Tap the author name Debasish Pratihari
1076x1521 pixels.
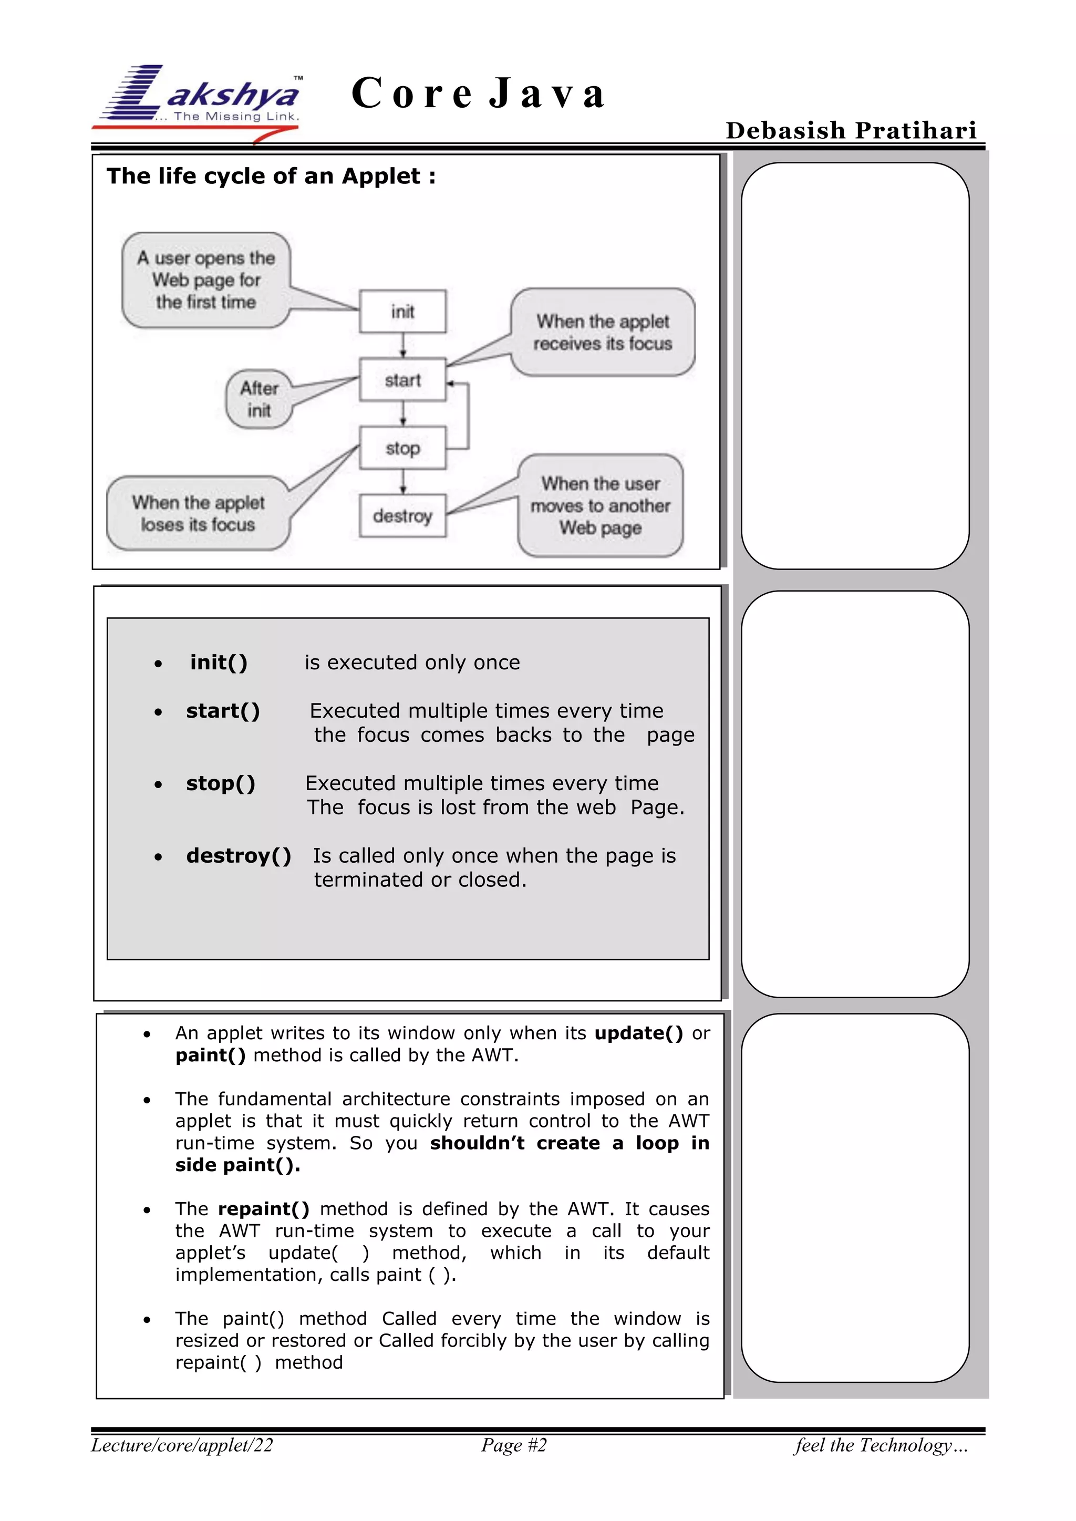(x=851, y=130)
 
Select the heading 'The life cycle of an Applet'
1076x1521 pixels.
(x=271, y=176)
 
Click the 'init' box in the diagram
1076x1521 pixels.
(x=402, y=312)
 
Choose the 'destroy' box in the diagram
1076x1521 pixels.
(x=402, y=515)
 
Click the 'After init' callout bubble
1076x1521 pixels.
(x=259, y=399)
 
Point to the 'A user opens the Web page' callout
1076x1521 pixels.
(x=206, y=280)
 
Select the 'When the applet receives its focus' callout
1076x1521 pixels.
(x=602, y=332)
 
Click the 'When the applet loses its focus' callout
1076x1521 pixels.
(x=198, y=513)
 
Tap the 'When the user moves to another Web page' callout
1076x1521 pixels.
(x=601, y=505)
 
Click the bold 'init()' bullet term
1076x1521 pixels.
(x=219, y=663)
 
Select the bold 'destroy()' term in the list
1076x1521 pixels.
(x=239, y=855)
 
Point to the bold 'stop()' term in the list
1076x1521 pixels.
(x=221, y=783)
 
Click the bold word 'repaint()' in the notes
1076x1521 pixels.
(x=264, y=1209)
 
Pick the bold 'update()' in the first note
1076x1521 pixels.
(x=638, y=1033)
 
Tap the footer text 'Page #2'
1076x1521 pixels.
(x=514, y=1445)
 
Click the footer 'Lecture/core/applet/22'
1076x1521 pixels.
(x=182, y=1445)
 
